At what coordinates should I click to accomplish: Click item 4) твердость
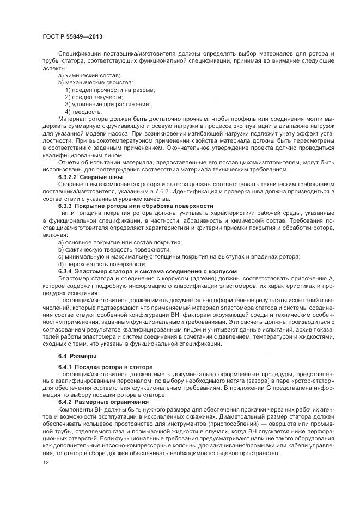click(x=83, y=112)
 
